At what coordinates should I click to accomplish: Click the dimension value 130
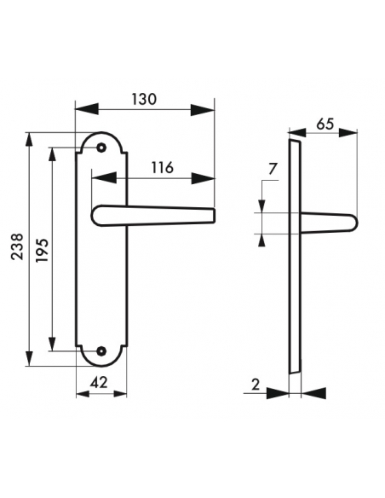pos(145,99)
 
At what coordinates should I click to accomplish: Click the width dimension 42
pos(100,384)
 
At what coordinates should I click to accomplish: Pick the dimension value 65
pos(325,123)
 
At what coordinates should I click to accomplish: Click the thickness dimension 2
pos(256,384)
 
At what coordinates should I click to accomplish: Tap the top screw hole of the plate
pos(102,148)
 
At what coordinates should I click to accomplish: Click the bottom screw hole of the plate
pos(102,350)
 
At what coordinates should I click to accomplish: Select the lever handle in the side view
pos(328,223)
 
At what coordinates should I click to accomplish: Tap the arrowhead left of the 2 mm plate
pos(279,394)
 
